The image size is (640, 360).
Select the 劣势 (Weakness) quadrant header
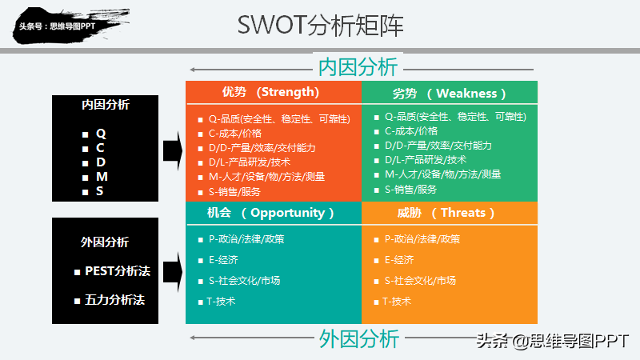coord(450,93)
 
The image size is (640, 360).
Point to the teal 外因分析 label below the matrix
coord(358,338)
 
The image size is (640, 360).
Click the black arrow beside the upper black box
coord(171,150)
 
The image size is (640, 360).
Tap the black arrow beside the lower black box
coord(171,270)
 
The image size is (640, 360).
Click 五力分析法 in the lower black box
coord(114,301)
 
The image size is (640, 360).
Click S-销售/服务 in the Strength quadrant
coord(234,191)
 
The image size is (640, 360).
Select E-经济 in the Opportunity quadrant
coord(223,259)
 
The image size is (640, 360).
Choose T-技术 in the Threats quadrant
coord(397,301)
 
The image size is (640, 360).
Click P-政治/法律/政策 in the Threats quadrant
coord(422,238)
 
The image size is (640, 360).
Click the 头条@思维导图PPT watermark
coord(553,340)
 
